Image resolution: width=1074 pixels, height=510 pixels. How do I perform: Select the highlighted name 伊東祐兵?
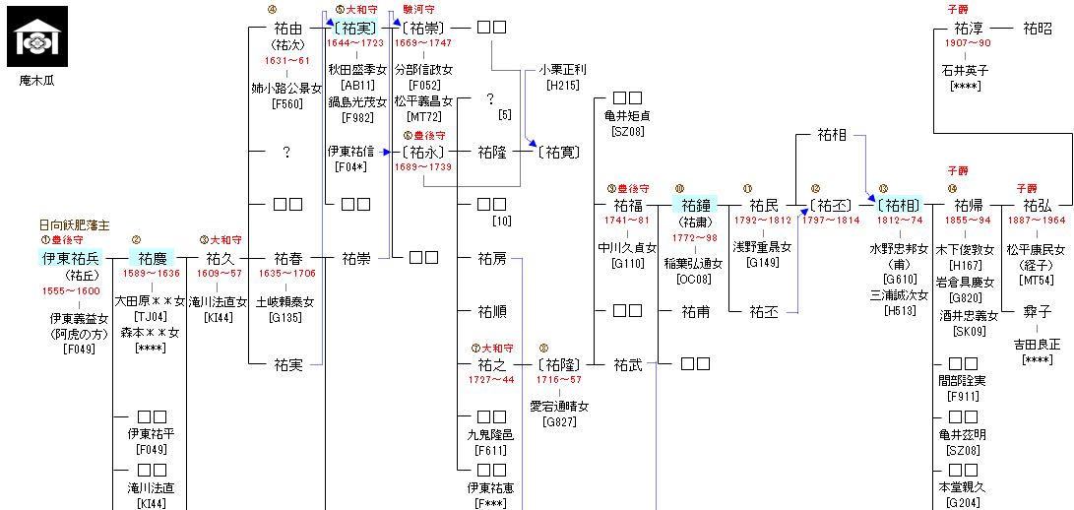[70, 258]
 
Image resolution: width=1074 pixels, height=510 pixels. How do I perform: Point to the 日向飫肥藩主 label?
[74, 224]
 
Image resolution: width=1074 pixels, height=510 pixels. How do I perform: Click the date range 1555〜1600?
[70, 291]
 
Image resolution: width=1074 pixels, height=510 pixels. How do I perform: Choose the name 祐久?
[220, 258]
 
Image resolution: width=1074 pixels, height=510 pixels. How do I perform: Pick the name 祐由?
[287, 28]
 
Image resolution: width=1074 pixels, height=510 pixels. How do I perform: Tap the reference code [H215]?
[562, 86]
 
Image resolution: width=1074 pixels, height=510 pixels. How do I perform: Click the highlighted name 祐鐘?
[696, 205]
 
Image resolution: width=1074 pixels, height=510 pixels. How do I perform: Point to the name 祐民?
[763, 205]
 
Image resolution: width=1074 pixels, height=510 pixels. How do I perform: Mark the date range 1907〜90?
[968, 44]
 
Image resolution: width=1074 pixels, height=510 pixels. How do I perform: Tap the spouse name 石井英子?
[964, 71]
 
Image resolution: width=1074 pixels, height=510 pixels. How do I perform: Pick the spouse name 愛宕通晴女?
[559, 407]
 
